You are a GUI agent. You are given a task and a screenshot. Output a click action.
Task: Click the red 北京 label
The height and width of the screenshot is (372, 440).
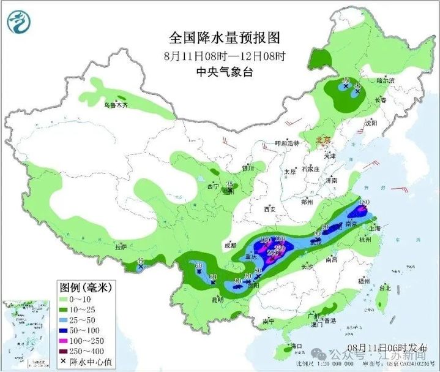coord(323,141)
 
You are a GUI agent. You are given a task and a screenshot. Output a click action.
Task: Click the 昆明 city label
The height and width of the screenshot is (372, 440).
coord(217,300)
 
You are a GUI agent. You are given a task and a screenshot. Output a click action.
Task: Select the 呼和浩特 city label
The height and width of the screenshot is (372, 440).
coord(288,143)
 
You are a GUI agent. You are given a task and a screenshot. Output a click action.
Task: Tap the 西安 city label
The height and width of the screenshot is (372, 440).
coord(269,210)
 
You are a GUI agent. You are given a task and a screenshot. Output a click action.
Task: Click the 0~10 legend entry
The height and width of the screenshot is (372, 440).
coord(80,298)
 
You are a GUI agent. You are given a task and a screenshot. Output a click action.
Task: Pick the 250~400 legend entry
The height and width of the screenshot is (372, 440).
coord(86,353)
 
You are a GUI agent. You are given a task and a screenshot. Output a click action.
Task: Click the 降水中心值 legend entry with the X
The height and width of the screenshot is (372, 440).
coord(86,364)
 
